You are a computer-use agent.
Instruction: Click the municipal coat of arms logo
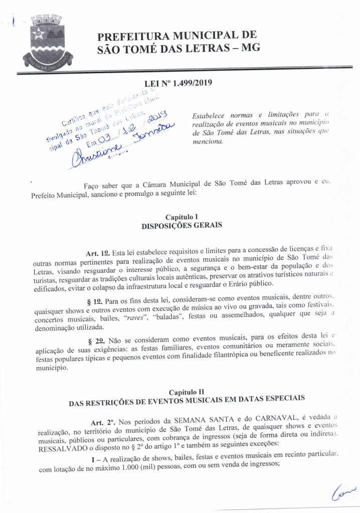(x=48, y=42)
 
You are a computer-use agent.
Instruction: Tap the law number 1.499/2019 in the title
(x=185, y=84)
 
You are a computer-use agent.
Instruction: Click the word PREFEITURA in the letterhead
(x=133, y=37)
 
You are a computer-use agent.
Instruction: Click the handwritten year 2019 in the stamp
(x=157, y=118)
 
